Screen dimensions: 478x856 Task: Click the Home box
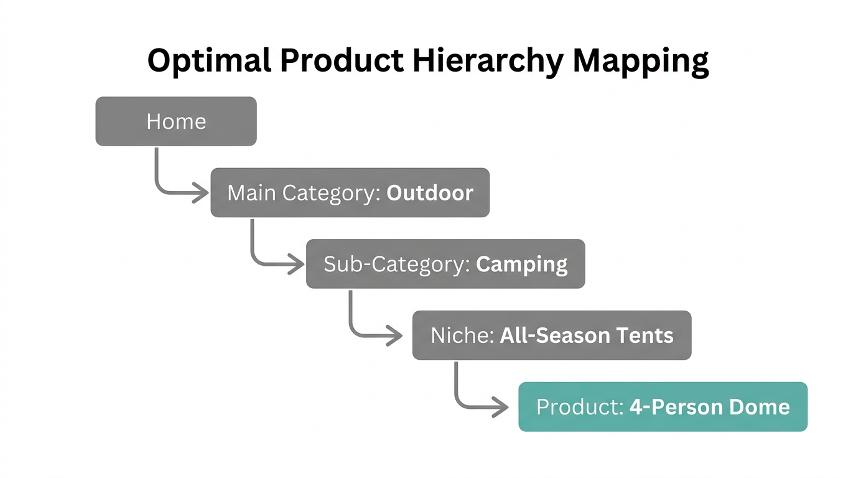click(176, 121)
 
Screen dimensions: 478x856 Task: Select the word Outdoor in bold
click(430, 193)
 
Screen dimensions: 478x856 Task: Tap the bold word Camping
click(522, 265)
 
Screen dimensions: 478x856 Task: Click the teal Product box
click(663, 407)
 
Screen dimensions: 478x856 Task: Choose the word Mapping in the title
click(641, 62)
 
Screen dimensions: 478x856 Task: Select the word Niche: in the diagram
click(462, 336)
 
